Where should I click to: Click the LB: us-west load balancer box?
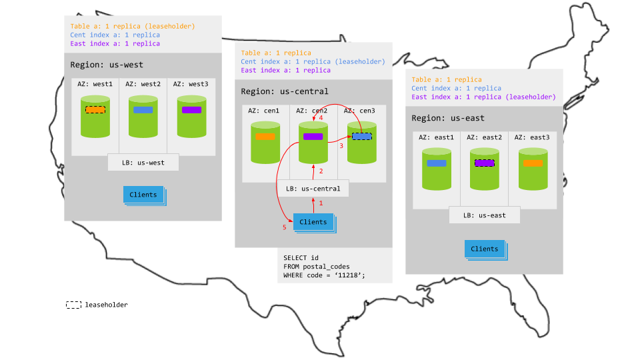point(143,162)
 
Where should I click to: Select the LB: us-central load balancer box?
point(313,189)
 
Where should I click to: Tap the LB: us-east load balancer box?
point(484,215)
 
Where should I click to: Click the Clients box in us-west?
point(143,195)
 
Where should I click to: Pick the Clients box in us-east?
point(484,249)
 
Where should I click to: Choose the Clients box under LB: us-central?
point(313,222)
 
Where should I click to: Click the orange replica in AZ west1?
point(95,109)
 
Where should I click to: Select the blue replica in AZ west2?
point(143,109)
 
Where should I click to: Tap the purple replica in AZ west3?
point(191,109)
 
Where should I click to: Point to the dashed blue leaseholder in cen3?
point(361,136)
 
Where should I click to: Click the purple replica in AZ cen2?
point(313,136)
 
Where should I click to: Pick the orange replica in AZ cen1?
point(265,136)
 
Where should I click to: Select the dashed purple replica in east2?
point(484,163)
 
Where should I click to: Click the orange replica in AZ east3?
point(533,163)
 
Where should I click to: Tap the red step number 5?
point(283,227)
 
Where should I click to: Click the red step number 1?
point(320,203)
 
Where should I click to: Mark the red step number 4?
point(321,118)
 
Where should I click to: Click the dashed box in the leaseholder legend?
point(73,305)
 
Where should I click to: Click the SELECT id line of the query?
point(301,257)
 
